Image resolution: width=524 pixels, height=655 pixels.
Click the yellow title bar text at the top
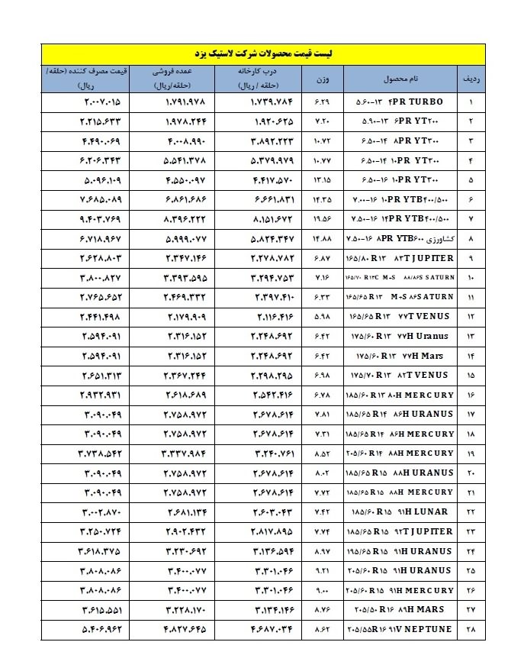coord(262,55)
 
